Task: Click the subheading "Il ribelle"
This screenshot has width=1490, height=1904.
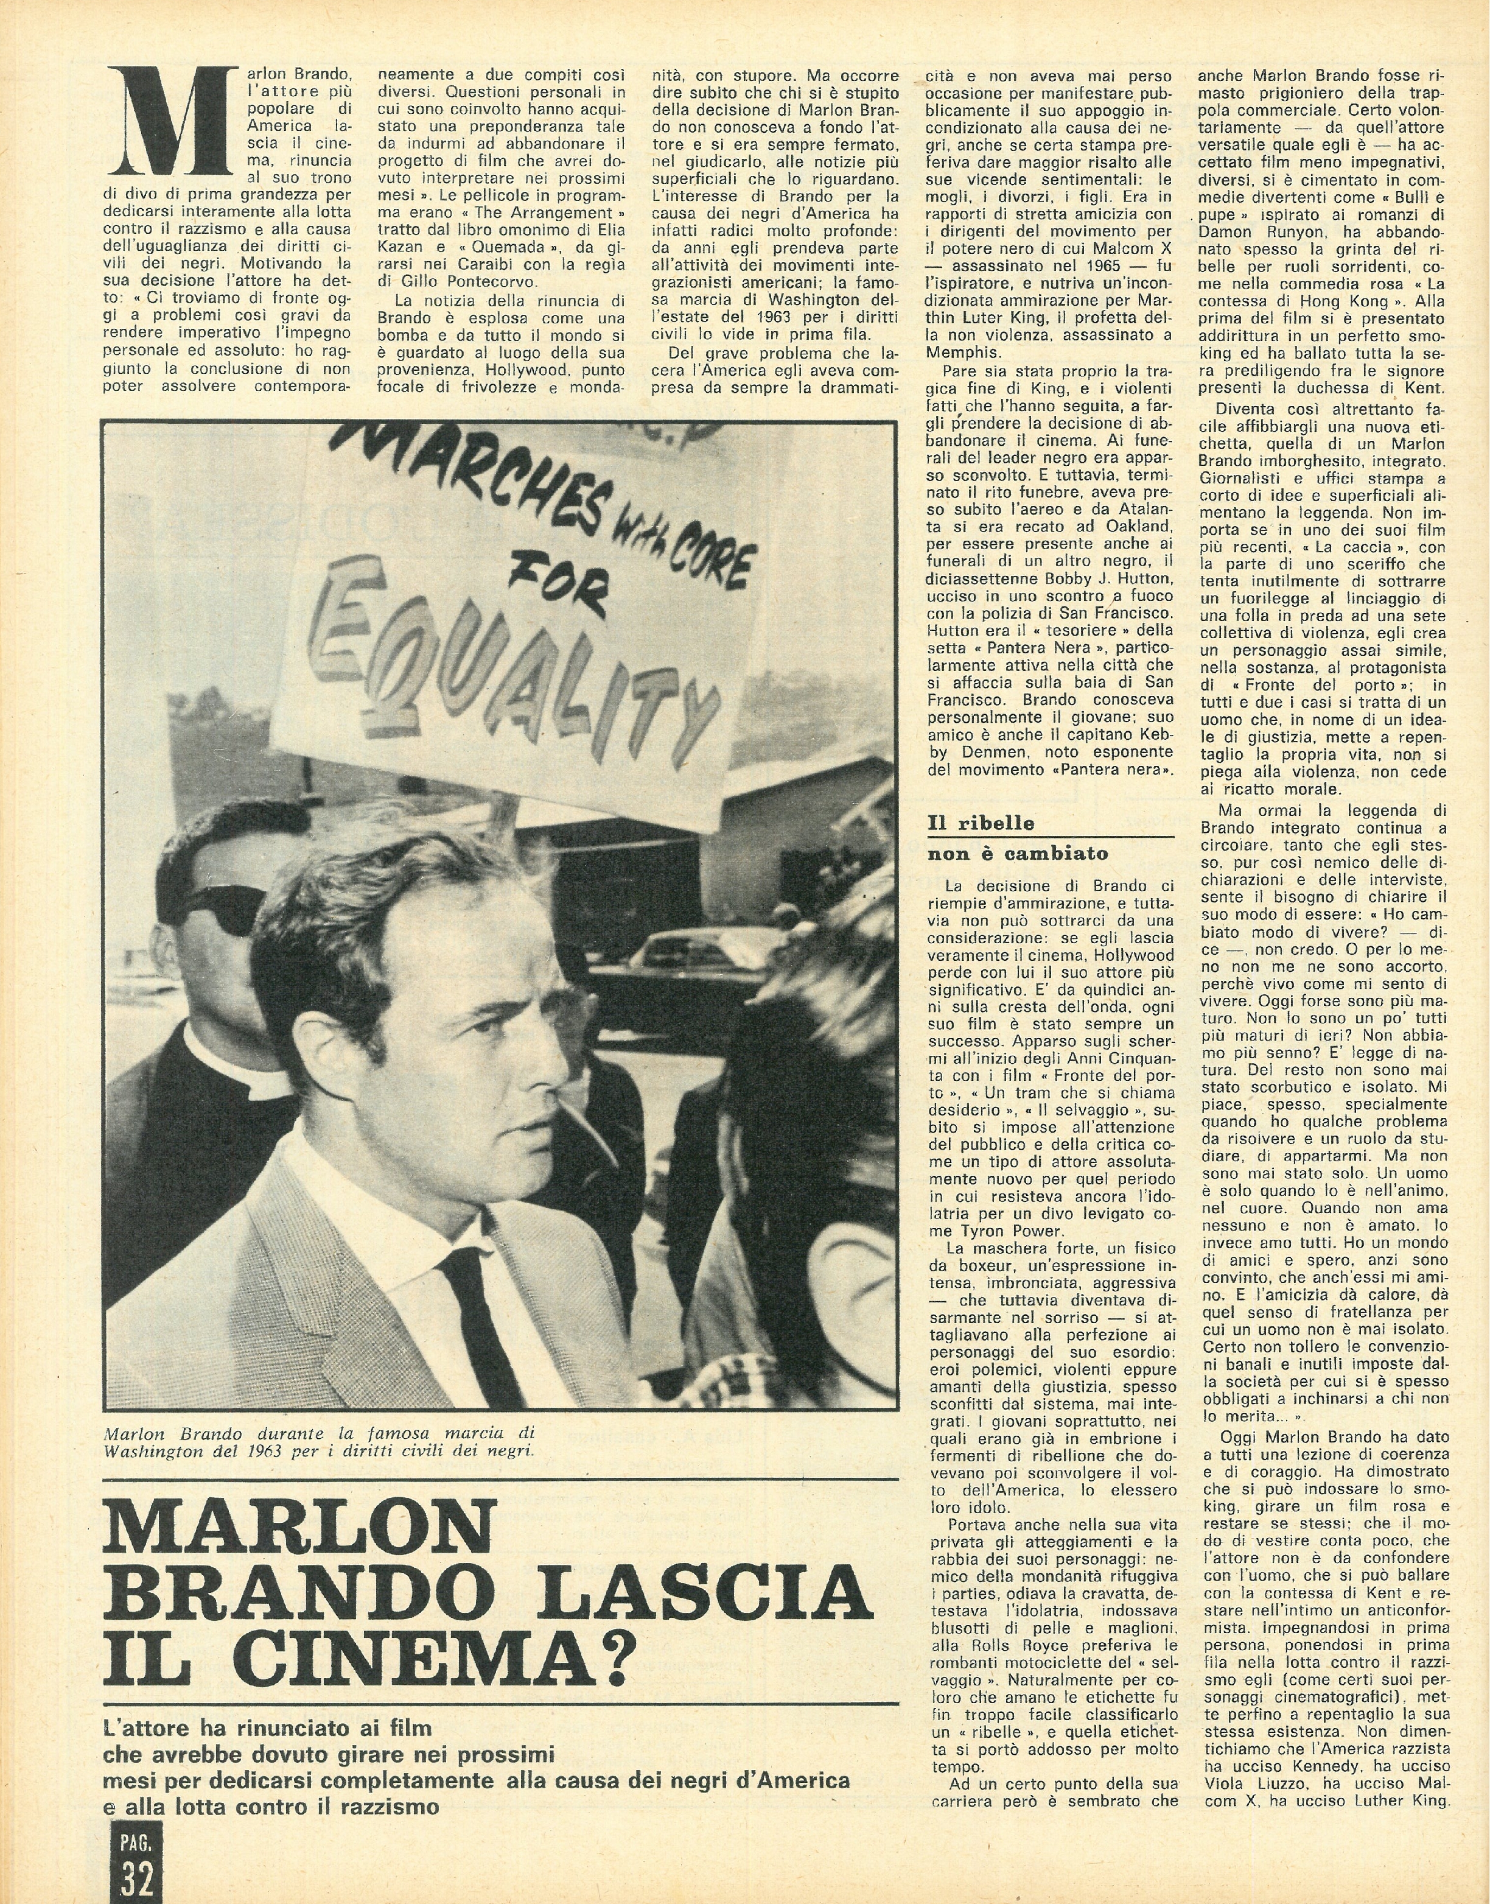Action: (x=981, y=822)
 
